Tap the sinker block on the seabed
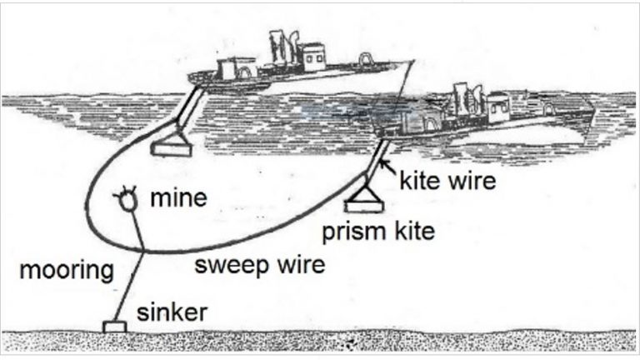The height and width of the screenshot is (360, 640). click(x=112, y=326)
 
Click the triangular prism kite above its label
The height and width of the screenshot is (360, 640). click(x=364, y=197)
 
